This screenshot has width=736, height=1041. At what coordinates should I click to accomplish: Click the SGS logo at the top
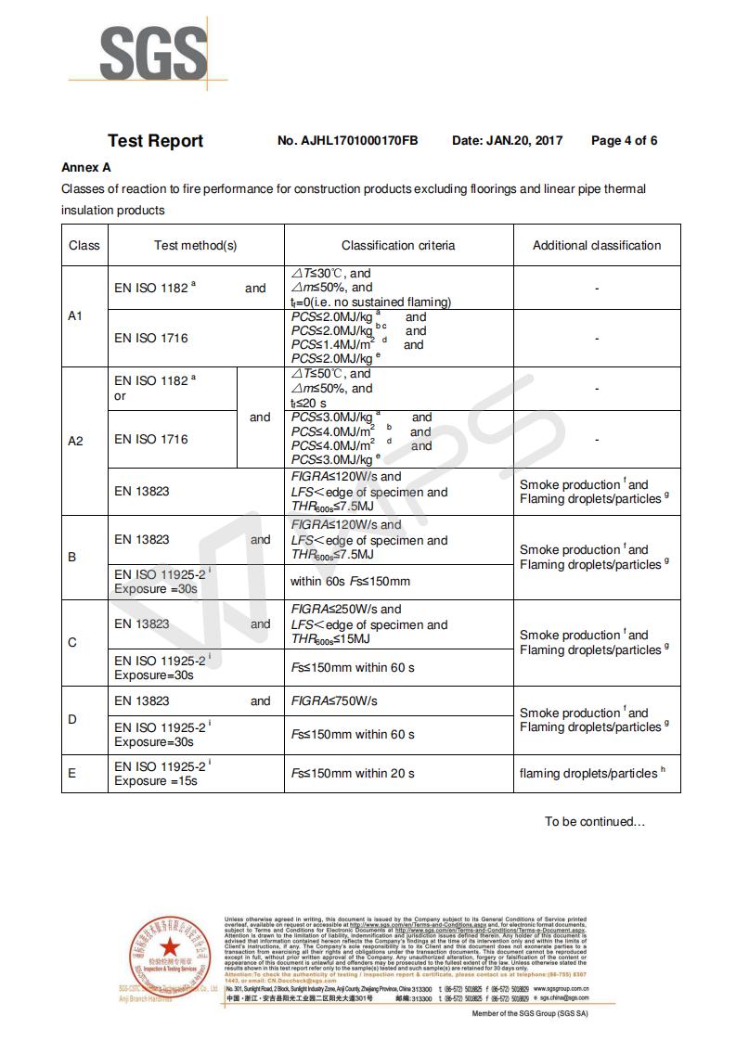[x=154, y=53]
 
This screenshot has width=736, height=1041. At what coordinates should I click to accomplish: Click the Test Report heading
[x=155, y=141]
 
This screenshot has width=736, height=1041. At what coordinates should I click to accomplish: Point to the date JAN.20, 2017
[x=523, y=141]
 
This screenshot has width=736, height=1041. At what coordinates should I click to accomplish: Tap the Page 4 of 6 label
[x=624, y=141]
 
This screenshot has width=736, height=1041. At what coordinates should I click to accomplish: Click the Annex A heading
[x=86, y=168]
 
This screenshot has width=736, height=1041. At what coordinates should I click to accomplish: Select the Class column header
[x=84, y=246]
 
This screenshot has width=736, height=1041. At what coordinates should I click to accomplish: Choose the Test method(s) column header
[x=196, y=246]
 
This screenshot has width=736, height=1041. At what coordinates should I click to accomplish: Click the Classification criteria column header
[x=398, y=246]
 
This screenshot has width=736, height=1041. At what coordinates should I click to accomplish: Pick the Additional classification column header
[x=597, y=246]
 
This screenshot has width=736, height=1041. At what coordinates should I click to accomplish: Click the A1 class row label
[x=76, y=316]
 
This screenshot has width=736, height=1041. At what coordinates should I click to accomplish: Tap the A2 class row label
[x=76, y=441]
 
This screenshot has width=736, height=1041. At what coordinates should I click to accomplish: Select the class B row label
[x=72, y=558]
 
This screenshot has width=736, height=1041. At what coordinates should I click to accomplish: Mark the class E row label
[x=72, y=774]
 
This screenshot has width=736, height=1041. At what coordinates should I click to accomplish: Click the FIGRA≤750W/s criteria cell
[x=335, y=701]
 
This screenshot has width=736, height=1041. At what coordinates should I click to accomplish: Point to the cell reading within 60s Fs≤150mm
[x=350, y=582]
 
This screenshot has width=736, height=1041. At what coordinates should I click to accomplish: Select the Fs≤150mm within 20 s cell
[x=353, y=774]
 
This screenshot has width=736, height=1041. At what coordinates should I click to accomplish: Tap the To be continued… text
[x=594, y=821]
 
